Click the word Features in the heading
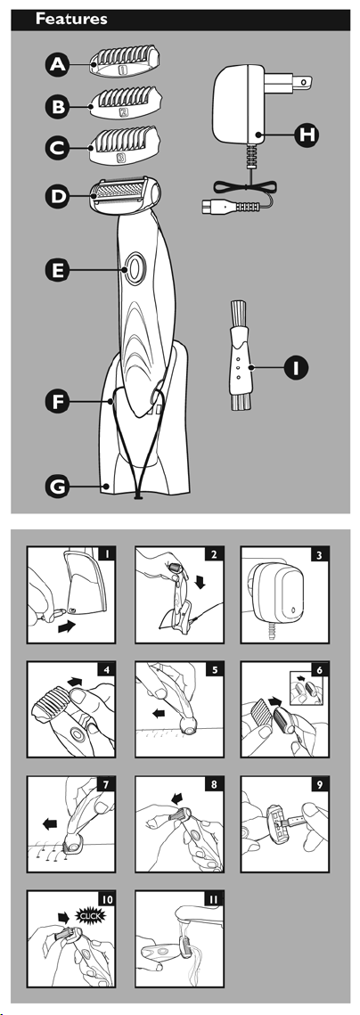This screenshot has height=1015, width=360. click(x=71, y=19)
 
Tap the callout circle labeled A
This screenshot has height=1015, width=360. click(x=58, y=64)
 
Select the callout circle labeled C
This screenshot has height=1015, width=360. click(x=58, y=148)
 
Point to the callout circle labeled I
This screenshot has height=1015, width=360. click(x=296, y=368)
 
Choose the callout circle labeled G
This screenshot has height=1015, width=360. click(x=58, y=486)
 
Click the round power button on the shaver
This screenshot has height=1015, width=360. click(x=134, y=268)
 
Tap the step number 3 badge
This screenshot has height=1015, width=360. click(x=319, y=555)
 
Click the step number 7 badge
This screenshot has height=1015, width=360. click(x=105, y=785)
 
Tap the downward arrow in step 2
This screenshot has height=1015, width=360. click(x=200, y=581)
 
